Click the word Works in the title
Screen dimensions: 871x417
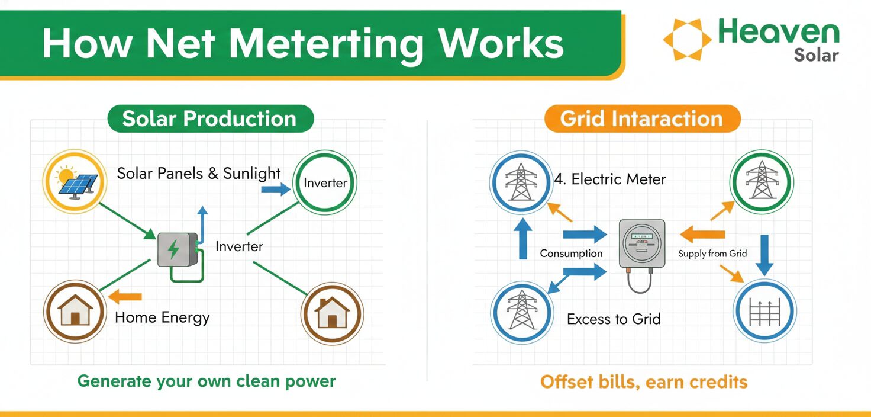click(501, 43)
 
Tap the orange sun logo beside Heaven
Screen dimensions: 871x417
click(687, 39)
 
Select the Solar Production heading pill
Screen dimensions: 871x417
click(211, 118)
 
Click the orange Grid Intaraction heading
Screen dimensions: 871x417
click(643, 118)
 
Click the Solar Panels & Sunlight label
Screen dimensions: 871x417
click(199, 174)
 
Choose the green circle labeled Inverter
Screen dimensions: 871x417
click(325, 182)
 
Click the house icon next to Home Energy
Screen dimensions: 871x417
click(75, 311)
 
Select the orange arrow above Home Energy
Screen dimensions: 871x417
click(125, 297)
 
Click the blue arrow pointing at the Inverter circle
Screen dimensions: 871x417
click(276, 190)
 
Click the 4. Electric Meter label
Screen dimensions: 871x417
click(610, 179)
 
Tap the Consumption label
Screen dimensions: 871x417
click(571, 254)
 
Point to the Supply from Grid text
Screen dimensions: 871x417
click(712, 254)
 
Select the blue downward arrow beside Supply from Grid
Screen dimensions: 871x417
click(764, 255)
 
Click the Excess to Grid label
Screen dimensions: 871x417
click(614, 319)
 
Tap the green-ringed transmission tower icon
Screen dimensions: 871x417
click(762, 182)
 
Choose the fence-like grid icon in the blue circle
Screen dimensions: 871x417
click(764, 311)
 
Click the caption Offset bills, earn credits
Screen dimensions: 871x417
click(644, 382)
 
